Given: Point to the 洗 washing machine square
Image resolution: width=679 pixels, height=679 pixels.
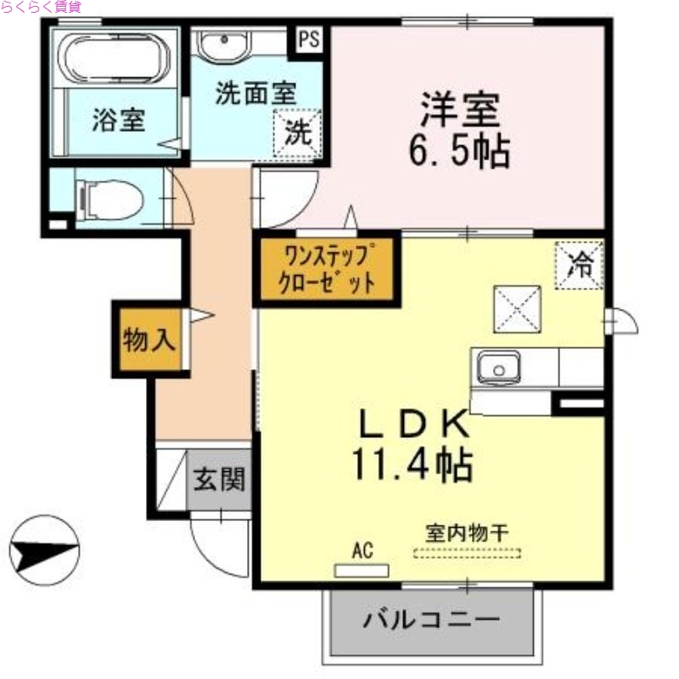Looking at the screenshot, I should (x=297, y=132).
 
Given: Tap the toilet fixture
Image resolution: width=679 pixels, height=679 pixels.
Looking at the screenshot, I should (x=108, y=200).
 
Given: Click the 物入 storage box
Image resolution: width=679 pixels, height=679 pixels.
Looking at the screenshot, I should (x=149, y=340).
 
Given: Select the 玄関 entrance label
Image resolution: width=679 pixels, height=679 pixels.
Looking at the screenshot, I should (x=218, y=480).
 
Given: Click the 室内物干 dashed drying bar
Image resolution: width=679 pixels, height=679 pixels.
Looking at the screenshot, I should (x=468, y=553).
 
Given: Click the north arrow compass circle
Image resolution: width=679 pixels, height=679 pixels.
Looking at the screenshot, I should (x=44, y=550).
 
